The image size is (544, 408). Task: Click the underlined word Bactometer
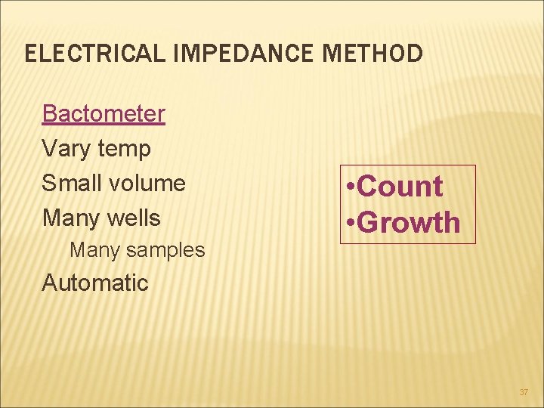104,114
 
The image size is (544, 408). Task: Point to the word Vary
66,150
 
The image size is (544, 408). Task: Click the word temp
124,150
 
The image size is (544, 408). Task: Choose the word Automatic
95,283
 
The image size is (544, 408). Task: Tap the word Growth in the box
409,223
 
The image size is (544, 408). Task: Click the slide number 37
524,392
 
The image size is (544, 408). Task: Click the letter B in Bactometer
50,114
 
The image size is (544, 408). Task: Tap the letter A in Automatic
50,283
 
